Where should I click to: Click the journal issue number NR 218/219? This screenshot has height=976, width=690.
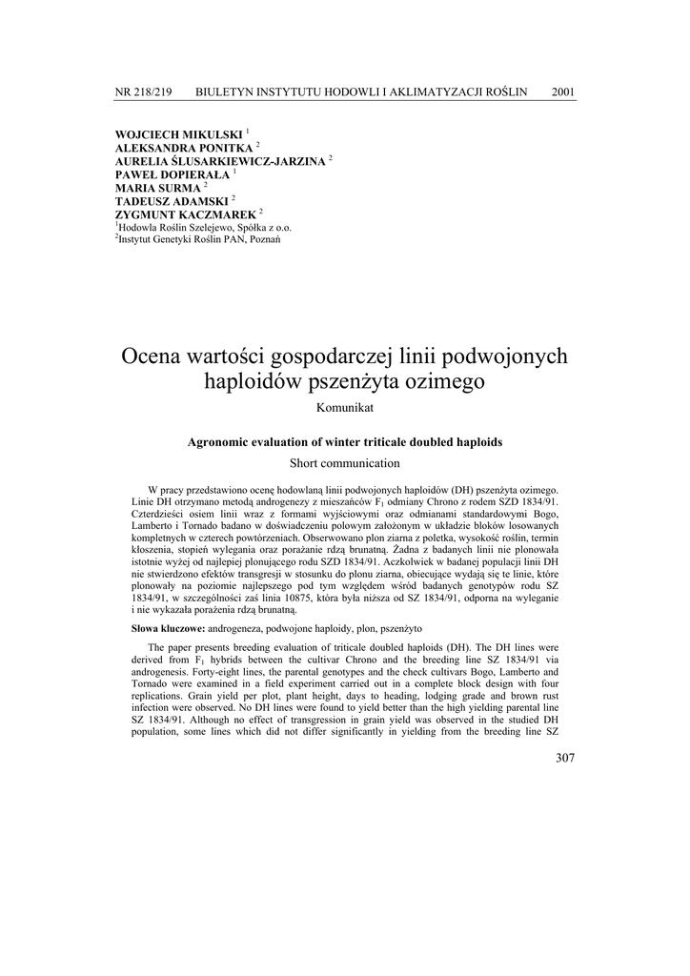(x=143, y=91)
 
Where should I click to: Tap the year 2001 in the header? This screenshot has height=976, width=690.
(x=563, y=91)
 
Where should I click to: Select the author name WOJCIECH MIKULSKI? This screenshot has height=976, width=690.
(x=178, y=134)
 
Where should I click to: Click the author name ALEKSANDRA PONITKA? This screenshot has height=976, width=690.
(x=183, y=148)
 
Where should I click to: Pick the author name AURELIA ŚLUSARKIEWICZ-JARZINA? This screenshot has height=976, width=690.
(x=220, y=161)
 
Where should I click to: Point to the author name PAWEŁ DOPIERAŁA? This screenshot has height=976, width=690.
(x=173, y=174)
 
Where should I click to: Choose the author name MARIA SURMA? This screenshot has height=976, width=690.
(x=157, y=188)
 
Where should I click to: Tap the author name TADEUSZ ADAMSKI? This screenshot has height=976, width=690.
(x=171, y=201)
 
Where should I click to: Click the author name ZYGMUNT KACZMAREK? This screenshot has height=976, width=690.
(x=185, y=214)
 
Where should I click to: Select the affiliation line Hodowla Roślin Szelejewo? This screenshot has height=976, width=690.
(x=204, y=227)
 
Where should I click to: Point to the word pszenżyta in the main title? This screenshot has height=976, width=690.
(x=349, y=383)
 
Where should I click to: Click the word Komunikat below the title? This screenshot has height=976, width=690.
(x=344, y=408)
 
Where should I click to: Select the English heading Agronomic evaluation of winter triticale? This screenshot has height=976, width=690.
(x=344, y=442)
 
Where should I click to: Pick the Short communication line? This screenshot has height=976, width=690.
(x=344, y=463)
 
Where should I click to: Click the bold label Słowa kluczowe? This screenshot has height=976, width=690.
(x=168, y=629)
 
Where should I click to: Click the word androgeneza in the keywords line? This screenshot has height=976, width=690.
(x=242, y=629)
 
